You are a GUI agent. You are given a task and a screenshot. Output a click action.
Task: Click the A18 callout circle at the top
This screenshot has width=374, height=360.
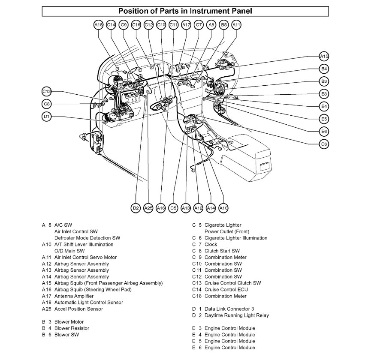[x=98, y=25]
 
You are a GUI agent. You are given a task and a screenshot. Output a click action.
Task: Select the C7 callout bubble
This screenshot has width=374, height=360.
[x=199, y=25]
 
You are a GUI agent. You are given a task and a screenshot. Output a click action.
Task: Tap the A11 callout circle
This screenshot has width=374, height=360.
[x=236, y=25]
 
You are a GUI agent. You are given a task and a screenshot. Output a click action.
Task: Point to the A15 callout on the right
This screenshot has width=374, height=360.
[x=324, y=56]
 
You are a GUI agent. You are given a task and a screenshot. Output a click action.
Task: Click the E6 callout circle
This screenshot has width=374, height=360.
[x=324, y=131]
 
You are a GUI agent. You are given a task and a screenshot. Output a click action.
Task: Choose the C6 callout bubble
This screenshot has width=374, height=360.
[x=324, y=144]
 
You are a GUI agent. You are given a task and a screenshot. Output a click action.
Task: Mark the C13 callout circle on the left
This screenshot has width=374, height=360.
[x=47, y=91]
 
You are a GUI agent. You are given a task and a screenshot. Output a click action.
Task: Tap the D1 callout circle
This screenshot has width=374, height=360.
[x=47, y=116]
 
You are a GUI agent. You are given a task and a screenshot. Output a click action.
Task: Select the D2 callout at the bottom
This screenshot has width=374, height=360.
[x=136, y=208]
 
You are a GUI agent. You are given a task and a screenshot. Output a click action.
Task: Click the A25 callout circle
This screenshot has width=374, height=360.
[x=148, y=208]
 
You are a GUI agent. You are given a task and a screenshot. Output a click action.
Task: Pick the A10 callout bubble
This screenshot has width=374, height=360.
[x=223, y=208]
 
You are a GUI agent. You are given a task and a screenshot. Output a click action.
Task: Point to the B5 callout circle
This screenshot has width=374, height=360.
[x=223, y=25]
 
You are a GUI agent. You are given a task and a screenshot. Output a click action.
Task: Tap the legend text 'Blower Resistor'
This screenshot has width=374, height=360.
[x=72, y=328]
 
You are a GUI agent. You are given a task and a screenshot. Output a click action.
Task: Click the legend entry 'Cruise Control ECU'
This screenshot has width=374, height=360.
[x=226, y=289]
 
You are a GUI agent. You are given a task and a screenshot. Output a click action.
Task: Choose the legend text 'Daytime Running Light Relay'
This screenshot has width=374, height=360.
[x=237, y=315]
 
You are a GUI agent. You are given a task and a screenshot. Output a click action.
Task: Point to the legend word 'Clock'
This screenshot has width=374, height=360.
[x=211, y=244]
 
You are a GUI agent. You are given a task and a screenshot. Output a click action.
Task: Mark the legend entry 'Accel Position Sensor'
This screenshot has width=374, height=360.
[x=78, y=309]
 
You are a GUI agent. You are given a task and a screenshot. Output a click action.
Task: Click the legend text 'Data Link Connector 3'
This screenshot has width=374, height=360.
[x=229, y=309]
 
